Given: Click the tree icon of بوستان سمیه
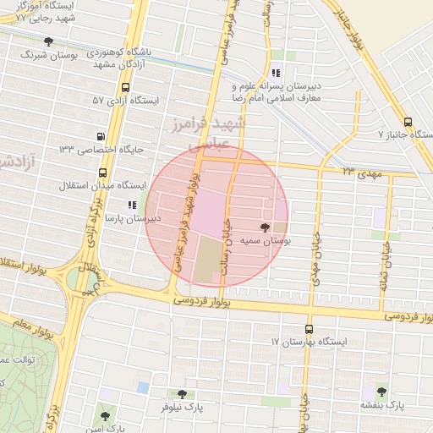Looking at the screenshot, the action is [x=265, y=227].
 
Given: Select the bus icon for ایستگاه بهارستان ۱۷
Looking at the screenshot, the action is [x=309, y=329].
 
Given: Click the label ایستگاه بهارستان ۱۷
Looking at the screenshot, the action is [x=310, y=342].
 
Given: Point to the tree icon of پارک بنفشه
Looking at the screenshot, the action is [x=382, y=392].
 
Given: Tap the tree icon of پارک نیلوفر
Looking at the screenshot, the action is [x=182, y=393].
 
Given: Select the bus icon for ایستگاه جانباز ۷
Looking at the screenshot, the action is [x=409, y=121].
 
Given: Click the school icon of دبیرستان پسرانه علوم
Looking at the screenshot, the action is [x=277, y=74].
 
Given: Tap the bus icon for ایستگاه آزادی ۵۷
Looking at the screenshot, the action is [x=126, y=87].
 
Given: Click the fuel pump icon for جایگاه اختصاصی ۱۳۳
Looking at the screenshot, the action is [x=102, y=136].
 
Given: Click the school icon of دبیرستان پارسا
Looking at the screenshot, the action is [x=131, y=205].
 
